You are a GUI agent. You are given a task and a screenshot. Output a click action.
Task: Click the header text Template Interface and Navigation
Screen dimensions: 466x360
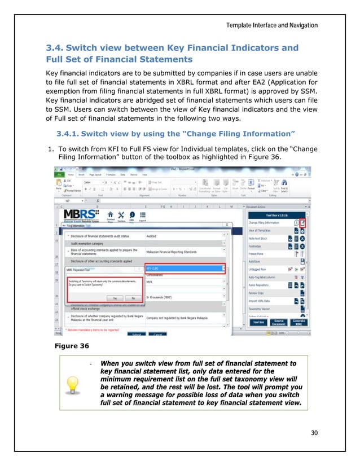coord(273,25)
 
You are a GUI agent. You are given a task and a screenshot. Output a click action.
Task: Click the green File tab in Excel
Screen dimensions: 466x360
coord(58,175)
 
